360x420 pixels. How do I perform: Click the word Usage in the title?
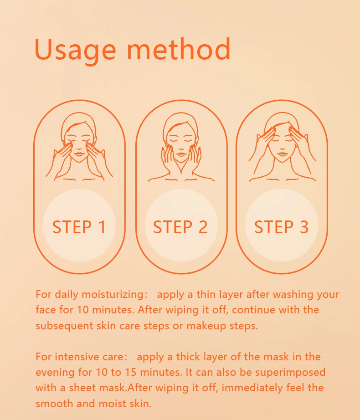pos(75,50)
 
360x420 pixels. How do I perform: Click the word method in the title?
pos(178,49)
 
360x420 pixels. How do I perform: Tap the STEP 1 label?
pos(79,227)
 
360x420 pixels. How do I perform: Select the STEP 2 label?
pos(180,227)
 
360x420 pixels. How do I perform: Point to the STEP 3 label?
pos(281,227)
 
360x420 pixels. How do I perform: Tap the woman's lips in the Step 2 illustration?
pos(181,154)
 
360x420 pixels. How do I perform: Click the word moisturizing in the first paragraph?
pos(113,295)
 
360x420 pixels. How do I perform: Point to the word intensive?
pos(77,357)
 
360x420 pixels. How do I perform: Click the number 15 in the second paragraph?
pos(131,372)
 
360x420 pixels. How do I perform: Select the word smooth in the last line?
pos(54,404)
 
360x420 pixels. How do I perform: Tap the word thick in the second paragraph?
pos(188,357)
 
